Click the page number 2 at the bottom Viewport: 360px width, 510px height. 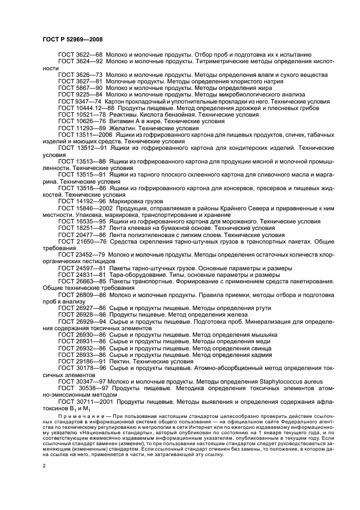(x=45, y=466)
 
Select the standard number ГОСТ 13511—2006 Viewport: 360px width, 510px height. (x=84, y=134)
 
